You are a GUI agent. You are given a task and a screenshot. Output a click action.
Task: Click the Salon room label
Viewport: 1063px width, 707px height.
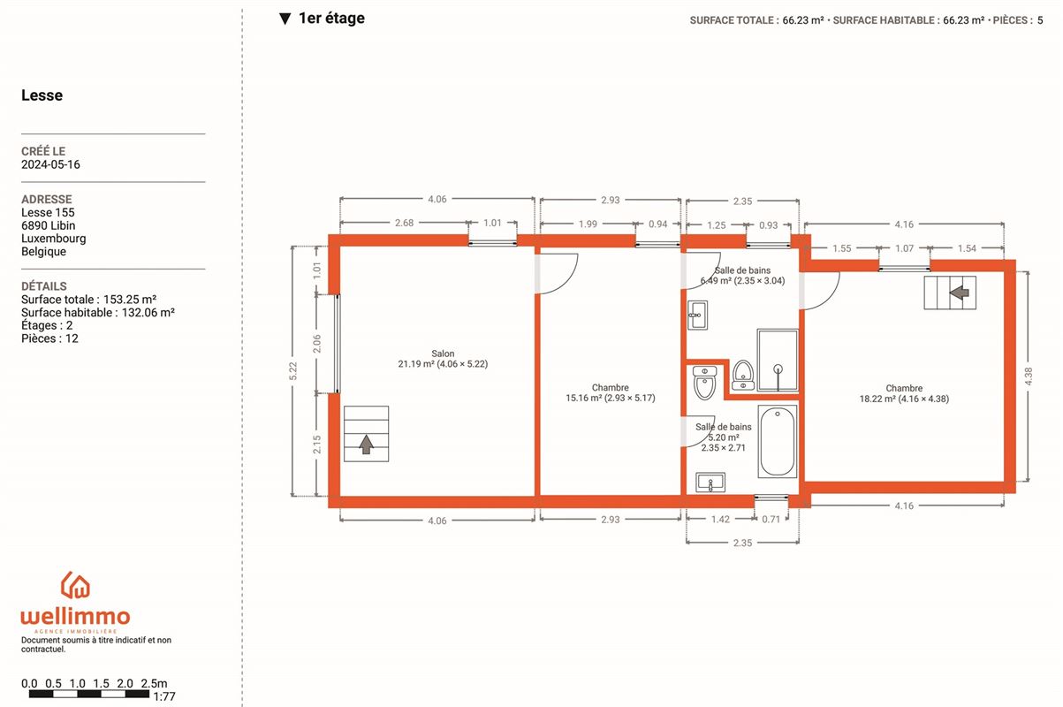(443, 353)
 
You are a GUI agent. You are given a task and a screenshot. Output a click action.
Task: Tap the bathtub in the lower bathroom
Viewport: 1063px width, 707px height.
(778, 441)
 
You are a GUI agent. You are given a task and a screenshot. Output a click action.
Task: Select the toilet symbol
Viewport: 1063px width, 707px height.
(704, 383)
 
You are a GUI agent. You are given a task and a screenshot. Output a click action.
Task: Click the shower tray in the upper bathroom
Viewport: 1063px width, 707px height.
(778, 361)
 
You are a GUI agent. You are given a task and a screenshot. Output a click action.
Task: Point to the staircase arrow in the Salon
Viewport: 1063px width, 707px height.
(366, 445)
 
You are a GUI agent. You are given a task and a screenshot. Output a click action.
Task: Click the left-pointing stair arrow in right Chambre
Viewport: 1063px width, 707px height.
(959, 293)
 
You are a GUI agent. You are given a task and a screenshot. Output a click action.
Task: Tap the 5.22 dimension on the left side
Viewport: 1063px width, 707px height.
(292, 371)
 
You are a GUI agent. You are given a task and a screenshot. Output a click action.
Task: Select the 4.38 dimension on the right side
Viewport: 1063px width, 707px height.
(1029, 376)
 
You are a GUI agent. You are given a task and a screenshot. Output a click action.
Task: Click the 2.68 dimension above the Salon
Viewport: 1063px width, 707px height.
(405, 223)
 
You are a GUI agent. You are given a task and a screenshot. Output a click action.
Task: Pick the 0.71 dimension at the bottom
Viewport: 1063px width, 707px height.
(771, 519)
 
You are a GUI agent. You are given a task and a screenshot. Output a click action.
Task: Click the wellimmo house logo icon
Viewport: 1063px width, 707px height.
(75, 584)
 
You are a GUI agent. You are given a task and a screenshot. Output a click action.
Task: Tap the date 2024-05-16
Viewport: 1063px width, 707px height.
(50, 164)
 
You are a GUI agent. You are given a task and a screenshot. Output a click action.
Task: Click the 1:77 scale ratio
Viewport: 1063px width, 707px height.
(164, 696)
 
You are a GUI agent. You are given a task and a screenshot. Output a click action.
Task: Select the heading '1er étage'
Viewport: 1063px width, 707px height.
(331, 18)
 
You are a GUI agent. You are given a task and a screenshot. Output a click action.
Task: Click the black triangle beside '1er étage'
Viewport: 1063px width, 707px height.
(285, 19)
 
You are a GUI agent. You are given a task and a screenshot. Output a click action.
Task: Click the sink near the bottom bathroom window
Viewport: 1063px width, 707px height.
(710, 483)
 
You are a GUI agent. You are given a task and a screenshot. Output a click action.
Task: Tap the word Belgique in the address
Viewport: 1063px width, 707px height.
(43, 252)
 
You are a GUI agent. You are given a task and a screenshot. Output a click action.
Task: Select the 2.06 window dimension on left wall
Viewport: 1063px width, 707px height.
(316, 344)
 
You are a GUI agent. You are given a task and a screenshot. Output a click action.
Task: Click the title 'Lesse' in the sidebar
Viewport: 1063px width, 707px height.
(42, 95)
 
